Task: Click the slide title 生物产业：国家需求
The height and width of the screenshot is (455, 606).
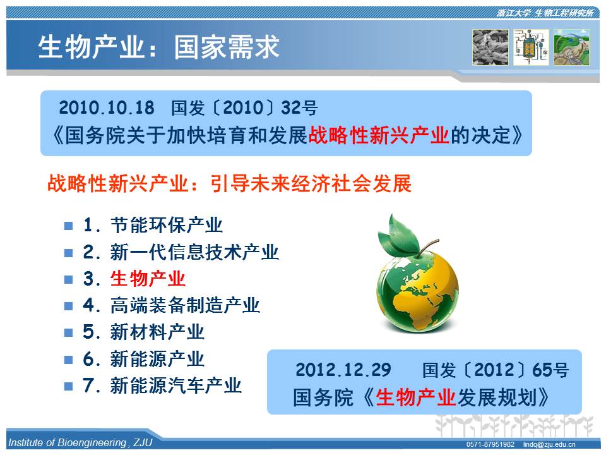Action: (158, 47)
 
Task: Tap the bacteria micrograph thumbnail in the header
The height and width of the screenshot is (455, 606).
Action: (490, 47)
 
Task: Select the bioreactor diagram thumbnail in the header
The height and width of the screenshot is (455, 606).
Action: (531, 47)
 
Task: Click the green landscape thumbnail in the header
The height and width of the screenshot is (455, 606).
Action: (572, 47)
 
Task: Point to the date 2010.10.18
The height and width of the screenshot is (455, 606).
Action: (106, 107)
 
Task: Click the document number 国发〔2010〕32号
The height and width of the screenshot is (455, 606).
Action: (244, 107)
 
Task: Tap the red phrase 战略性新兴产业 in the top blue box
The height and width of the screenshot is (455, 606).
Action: (379, 135)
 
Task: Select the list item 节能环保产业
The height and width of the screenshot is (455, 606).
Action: (166, 225)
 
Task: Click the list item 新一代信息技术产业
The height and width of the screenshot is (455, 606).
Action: (194, 252)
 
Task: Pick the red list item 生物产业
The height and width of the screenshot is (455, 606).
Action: (148, 279)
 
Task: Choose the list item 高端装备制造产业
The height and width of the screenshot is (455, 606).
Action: (185, 305)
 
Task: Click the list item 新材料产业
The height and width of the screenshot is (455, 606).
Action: (157, 332)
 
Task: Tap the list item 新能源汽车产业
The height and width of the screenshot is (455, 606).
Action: (176, 385)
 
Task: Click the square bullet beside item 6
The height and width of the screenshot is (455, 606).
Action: (68, 360)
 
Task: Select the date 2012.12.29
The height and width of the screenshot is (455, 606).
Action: (343, 370)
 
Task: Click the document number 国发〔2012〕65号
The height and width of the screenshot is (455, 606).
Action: (495, 370)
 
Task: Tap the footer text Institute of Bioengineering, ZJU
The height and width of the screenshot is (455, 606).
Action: (80, 442)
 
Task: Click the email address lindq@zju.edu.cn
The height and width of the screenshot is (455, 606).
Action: (549, 444)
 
